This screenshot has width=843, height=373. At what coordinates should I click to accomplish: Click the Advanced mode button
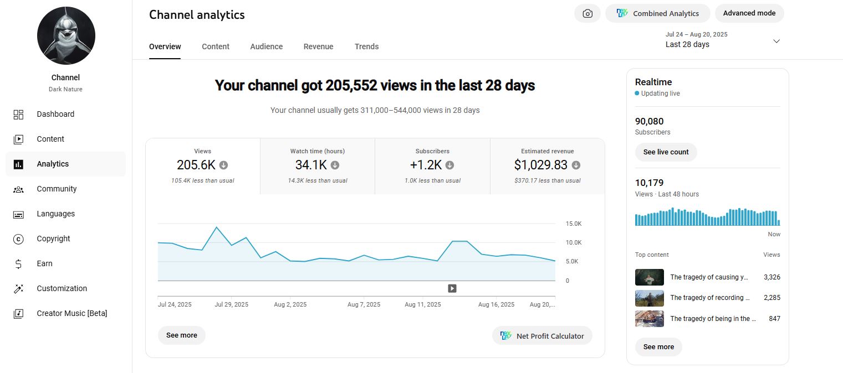tap(749, 13)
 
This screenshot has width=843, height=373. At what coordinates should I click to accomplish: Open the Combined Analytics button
tap(657, 13)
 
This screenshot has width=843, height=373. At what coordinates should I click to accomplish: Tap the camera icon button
tap(587, 13)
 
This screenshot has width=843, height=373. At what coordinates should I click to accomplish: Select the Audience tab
tap(267, 46)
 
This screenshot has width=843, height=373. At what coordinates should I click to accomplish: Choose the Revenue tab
tap(318, 46)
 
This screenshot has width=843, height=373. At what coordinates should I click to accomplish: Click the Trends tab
tap(366, 46)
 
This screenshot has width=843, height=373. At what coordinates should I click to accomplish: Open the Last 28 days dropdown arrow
tap(776, 41)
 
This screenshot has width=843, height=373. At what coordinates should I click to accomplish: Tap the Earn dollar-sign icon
tap(18, 264)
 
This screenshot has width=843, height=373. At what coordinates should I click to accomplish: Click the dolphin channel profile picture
tap(66, 35)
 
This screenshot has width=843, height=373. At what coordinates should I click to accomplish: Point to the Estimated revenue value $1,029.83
tap(541, 165)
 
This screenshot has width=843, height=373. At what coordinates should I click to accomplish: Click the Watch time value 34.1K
tap(311, 165)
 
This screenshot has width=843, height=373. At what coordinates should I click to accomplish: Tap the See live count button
tap(666, 152)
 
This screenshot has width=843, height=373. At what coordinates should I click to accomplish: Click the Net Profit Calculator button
tap(542, 335)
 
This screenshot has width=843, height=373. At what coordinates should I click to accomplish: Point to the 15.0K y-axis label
tap(574, 224)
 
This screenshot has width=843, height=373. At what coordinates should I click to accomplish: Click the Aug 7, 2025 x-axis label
tap(364, 304)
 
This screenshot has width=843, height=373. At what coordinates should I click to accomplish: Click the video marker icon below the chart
tap(452, 288)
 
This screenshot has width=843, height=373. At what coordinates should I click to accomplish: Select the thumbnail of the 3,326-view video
tap(649, 277)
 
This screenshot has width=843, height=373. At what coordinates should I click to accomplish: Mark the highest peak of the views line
tap(216, 227)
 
